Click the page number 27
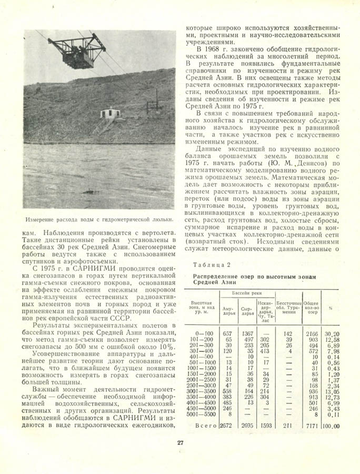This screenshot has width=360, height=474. coord(179,442)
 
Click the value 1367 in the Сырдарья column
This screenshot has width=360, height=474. coord(247,334)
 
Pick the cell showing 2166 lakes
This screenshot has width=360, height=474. coord(313,334)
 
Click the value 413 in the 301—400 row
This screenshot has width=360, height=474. coord(265,351)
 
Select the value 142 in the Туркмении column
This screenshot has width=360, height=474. coord(287,334)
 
